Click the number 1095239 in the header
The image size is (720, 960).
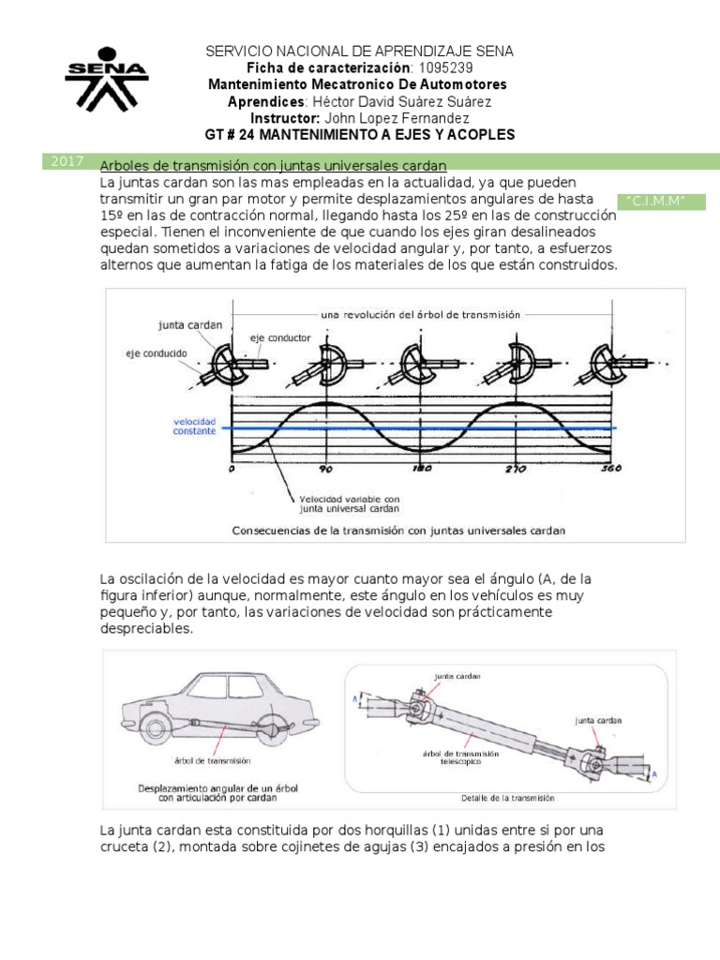click(445, 68)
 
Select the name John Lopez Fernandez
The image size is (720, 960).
click(397, 118)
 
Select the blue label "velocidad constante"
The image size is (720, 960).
click(194, 427)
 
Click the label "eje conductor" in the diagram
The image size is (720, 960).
click(280, 336)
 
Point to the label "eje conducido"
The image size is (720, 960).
click(157, 352)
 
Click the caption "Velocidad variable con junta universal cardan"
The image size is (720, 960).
click(349, 503)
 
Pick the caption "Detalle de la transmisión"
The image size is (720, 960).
click(507, 799)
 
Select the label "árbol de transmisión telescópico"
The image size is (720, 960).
click(460, 758)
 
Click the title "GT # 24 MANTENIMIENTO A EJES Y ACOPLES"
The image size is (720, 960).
click(360, 135)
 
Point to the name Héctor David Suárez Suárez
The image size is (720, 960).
click(399, 101)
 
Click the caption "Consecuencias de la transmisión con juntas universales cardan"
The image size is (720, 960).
click(397, 530)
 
